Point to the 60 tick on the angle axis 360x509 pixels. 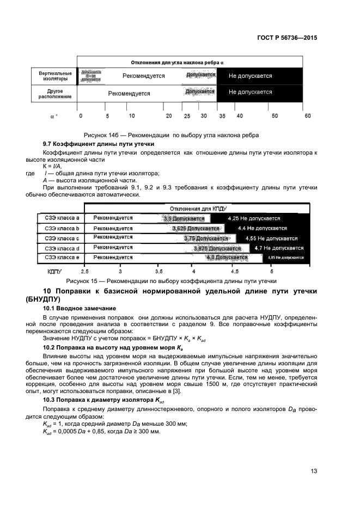(308, 116)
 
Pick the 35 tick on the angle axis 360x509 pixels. (221, 116)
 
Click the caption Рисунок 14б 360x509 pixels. (170, 134)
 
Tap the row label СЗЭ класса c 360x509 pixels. (62, 238)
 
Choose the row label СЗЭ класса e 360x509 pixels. (62, 257)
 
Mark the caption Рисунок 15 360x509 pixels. (171, 281)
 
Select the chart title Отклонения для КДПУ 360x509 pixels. (198, 208)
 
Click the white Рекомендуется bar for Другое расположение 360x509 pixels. (129, 93)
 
